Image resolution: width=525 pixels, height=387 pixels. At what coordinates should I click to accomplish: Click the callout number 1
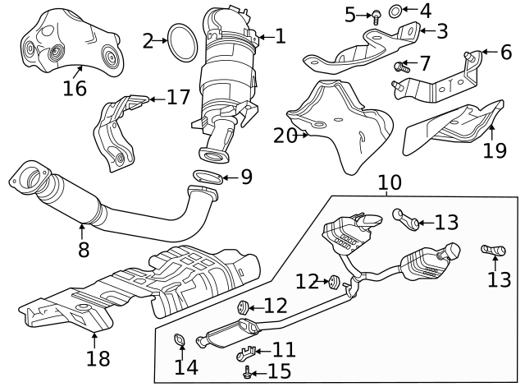click(280, 35)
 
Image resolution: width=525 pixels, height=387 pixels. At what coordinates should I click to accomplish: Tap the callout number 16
click(75, 87)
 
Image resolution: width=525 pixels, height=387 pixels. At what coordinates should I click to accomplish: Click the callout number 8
click(84, 249)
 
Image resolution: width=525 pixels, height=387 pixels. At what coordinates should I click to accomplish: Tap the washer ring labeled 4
click(395, 12)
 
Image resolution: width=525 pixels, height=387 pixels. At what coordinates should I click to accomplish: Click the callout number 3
click(442, 31)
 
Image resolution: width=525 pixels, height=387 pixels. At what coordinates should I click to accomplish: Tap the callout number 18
click(98, 358)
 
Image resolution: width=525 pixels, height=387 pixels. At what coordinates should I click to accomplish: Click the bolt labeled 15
click(248, 373)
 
